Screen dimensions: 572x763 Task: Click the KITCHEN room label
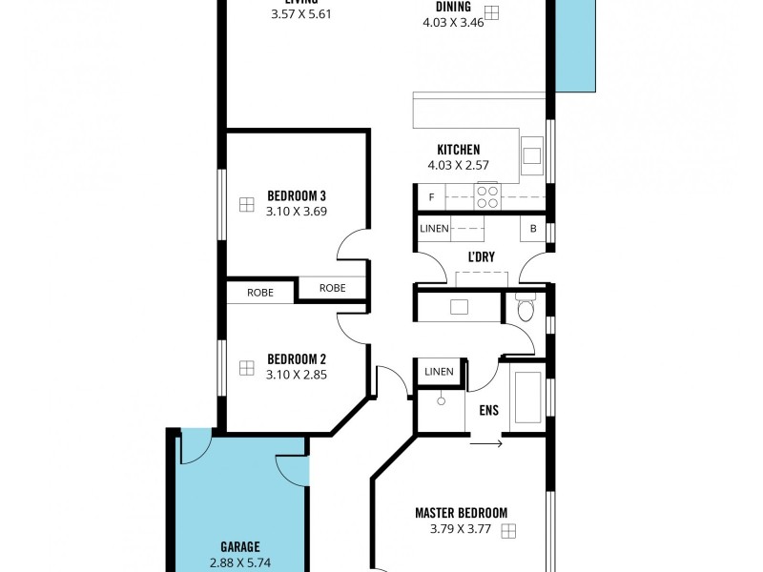point(458,150)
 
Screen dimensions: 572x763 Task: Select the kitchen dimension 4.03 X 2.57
point(458,166)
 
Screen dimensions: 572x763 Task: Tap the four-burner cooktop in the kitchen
point(487,196)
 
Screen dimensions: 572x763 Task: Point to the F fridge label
point(432,197)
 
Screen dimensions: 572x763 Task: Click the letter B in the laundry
point(532,229)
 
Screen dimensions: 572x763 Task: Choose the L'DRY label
point(480,258)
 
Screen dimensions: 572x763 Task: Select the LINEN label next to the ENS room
point(439,372)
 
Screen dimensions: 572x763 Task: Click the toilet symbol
point(525,309)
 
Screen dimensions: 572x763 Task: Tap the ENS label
point(488,412)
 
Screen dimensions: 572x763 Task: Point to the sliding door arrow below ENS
point(486,442)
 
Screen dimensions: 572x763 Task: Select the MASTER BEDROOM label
point(461,513)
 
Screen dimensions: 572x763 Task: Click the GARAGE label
point(239,547)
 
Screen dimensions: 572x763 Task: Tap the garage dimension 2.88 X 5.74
point(239,562)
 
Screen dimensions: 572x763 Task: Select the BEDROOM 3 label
point(297,195)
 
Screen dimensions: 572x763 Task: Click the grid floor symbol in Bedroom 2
point(247,367)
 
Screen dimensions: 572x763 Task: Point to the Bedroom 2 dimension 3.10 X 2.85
point(297,375)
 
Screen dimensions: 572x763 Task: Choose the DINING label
point(453,6)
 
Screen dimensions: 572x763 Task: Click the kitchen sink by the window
point(531,153)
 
